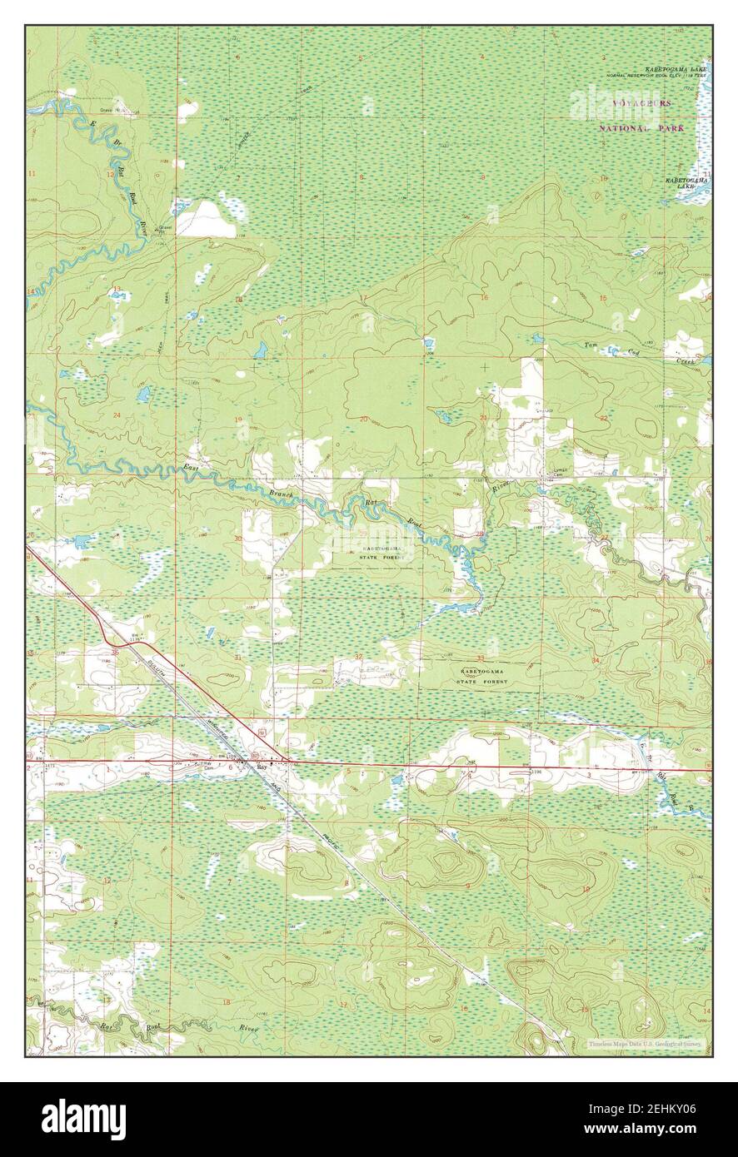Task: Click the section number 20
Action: point(362,418)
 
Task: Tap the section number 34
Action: point(595,660)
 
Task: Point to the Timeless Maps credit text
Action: point(646,1043)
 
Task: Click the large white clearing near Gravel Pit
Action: point(205,221)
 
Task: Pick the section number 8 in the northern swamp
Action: point(362,177)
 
